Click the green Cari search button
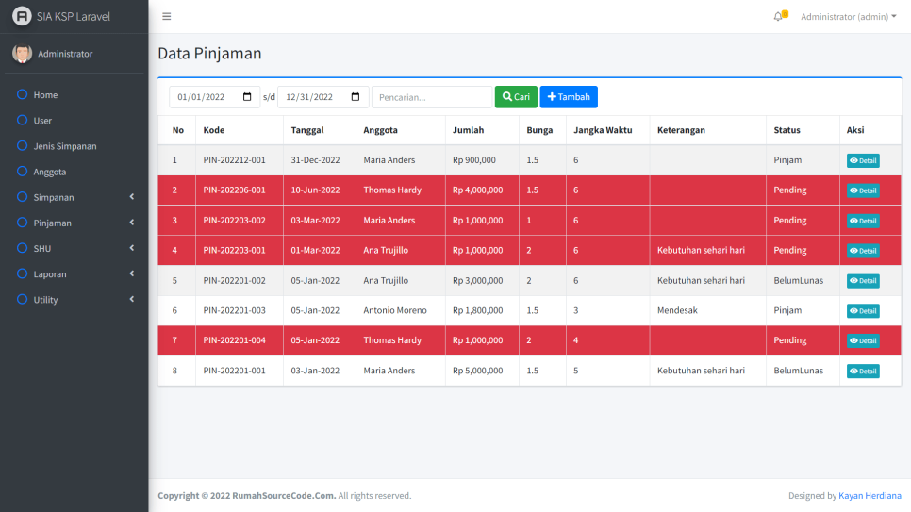pyautogui.click(x=516, y=97)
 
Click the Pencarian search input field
pyautogui.click(x=432, y=97)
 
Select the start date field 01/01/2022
pyautogui.click(x=215, y=97)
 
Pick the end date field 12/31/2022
pyautogui.click(x=323, y=97)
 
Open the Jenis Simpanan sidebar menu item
pyautogui.click(x=65, y=146)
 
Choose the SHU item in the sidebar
pyautogui.click(x=41, y=248)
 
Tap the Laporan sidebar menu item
pyautogui.click(x=51, y=273)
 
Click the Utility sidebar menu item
pyautogui.click(x=45, y=299)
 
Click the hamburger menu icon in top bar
pyautogui.click(x=167, y=16)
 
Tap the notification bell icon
pyautogui.click(x=778, y=16)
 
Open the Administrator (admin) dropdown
pyautogui.click(x=848, y=16)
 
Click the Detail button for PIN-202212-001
pyautogui.click(x=863, y=160)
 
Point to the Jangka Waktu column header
pyautogui.click(x=603, y=130)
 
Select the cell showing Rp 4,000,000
pyautogui.click(x=477, y=190)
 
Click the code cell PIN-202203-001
pyautogui.click(x=234, y=250)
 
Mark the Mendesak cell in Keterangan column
pyautogui.click(x=677, y=310)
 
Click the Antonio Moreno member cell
pyautogui.click(x=395, y=310)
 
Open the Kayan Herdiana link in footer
pyautogui.click(x=870, y=496)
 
